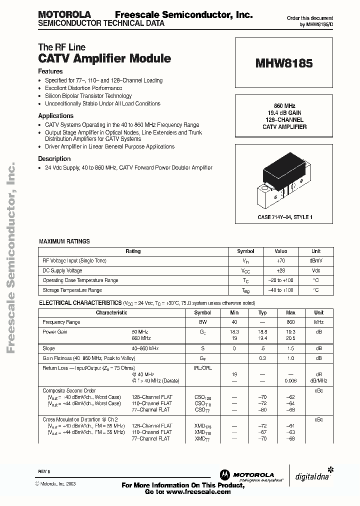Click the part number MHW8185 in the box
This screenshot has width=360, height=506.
point(284,63)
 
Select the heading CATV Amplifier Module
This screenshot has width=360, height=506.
point(104,58)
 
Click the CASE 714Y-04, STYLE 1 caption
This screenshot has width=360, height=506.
point(284,217)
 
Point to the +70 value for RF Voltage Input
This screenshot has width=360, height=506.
point(281,260)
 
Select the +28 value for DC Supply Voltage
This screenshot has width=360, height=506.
point(281,270)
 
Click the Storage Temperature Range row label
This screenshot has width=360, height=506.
point(72,290)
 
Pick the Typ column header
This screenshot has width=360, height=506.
point(262,312)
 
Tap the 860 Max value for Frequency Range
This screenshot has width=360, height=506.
point(290,322)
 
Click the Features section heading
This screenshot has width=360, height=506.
point(50,71)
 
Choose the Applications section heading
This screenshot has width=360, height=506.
point(55,116)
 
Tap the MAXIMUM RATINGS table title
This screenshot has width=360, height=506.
point(64,241)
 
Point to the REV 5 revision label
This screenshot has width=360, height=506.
point(44,471)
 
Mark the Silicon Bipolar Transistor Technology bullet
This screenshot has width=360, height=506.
point(88,96)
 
